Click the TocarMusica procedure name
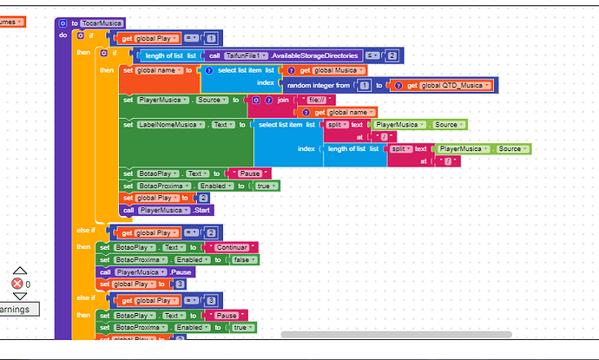click(x=103, y=23)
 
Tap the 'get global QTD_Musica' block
click(x=444, y=85)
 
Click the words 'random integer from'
click(x=319, y=85)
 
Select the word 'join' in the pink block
click(x=281, y=101)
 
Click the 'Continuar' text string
click(x=226, y=247)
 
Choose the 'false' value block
click(x=241, y=259)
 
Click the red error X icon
click(x=16, y=284)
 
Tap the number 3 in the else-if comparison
click(x=212, y=301)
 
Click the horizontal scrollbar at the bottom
click(x=395, y=334)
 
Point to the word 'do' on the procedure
click(x=63, y=36)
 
